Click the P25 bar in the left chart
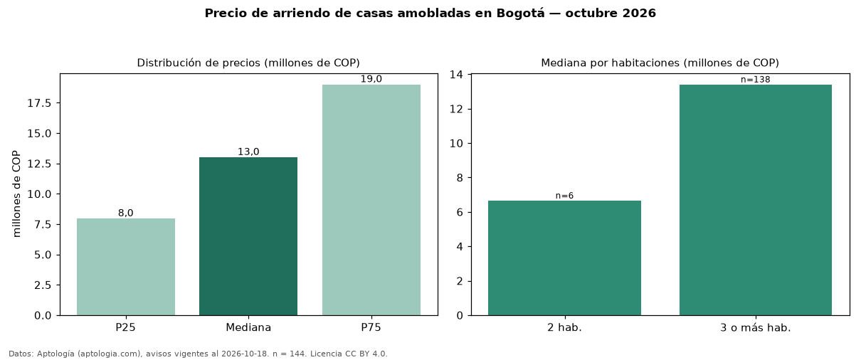coord(126,267)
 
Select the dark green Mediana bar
coord(248,236)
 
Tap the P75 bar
coord(371,200)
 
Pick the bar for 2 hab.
coord(564,258)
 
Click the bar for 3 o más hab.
coord(755,200)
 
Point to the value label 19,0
coord(371,79)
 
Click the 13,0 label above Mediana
coord(248,152)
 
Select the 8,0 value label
coord(126,213)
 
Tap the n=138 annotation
coord(755,80)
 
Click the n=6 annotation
coord(564,196)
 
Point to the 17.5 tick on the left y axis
coord(39,103)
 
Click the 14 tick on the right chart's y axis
coord(456,75)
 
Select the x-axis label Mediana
coord(248,327)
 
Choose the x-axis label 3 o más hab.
coord(755,328)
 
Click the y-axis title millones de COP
coord(16,194)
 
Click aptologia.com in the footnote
coord(109,354)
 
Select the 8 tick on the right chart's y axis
coord(460,178)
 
